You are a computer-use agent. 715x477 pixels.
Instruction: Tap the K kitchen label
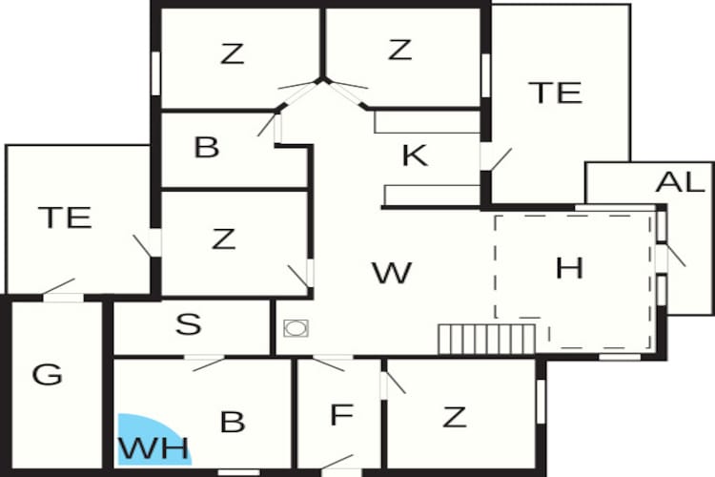tap(415, 156)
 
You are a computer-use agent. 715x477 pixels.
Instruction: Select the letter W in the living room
tap(392, 273)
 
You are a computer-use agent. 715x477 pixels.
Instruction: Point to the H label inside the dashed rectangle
tap(569, 268)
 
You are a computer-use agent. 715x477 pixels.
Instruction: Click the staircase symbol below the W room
tap(486, 340)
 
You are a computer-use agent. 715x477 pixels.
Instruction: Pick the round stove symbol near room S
tap(296, 328)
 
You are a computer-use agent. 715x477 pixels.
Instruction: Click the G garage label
tap(47, 375)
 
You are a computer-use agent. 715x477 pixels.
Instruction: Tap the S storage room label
tap(189, 324)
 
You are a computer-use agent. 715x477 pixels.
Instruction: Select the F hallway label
tap(341, 414)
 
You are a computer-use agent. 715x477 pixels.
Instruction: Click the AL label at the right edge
tap(681, 181)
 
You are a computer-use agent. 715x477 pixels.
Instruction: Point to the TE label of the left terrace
tap(66, 218)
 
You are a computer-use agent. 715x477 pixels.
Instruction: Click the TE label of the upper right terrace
tap(555, 93)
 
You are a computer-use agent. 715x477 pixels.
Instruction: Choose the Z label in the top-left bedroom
tap(232, 53)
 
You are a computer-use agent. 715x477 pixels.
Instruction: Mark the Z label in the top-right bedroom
tap(399, 50)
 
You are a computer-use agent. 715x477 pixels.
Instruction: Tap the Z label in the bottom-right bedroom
tap(454, 417)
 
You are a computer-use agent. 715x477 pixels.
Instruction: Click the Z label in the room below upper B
tap(223, 238)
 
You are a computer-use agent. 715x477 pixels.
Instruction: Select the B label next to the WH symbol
tap(233, 422)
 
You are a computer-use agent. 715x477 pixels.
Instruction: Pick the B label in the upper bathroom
tap(207, 147)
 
